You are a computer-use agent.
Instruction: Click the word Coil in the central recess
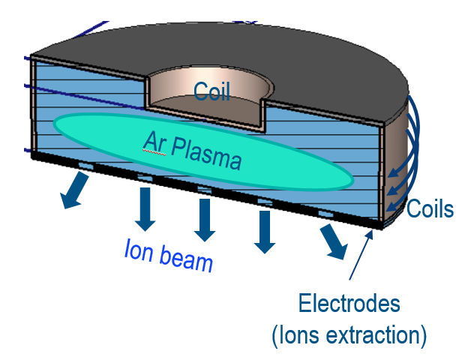[211, 91]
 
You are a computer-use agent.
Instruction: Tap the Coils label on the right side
[430, 208]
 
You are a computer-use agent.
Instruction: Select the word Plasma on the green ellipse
[205, 154]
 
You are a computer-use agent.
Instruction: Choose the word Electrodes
[349, 304]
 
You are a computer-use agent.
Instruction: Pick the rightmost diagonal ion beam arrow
[333, 240]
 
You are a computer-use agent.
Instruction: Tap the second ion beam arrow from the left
[145, 208]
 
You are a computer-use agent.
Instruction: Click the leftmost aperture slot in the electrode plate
[84, 165]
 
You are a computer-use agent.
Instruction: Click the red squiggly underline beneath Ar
[152, 148]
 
